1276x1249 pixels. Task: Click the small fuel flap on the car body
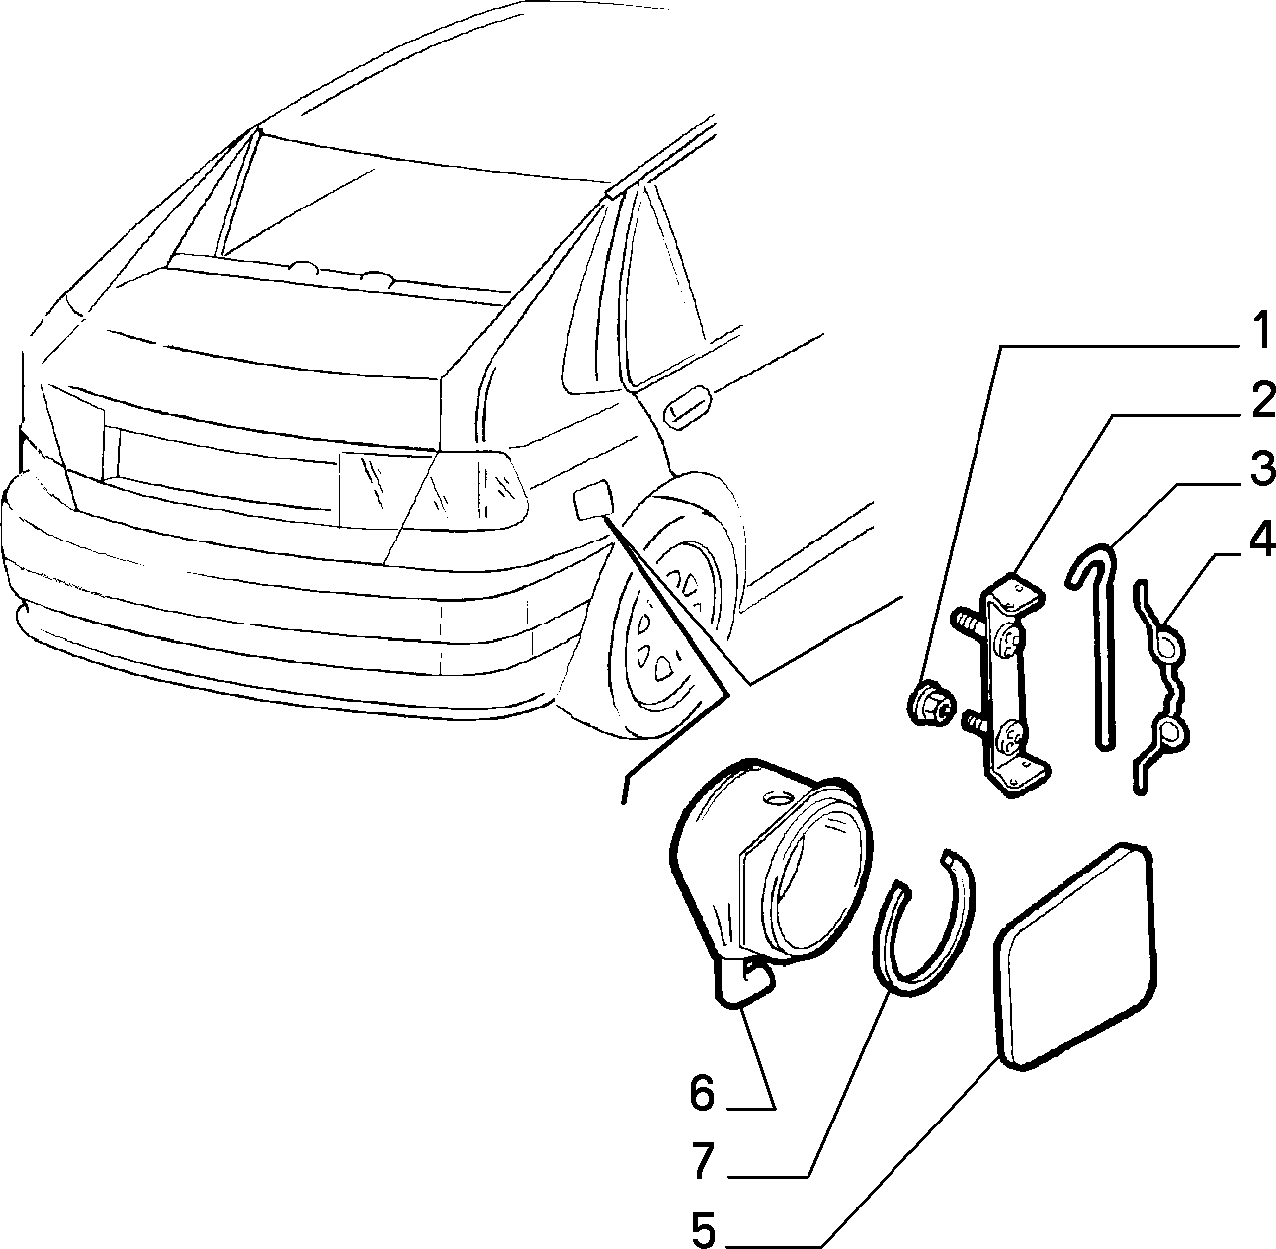pyautogui.click(x=593, y=502)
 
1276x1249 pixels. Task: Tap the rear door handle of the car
pyautogui.click(x=687, y=406)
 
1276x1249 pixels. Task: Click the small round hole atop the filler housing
pyautogui.click(x=775, y=798)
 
